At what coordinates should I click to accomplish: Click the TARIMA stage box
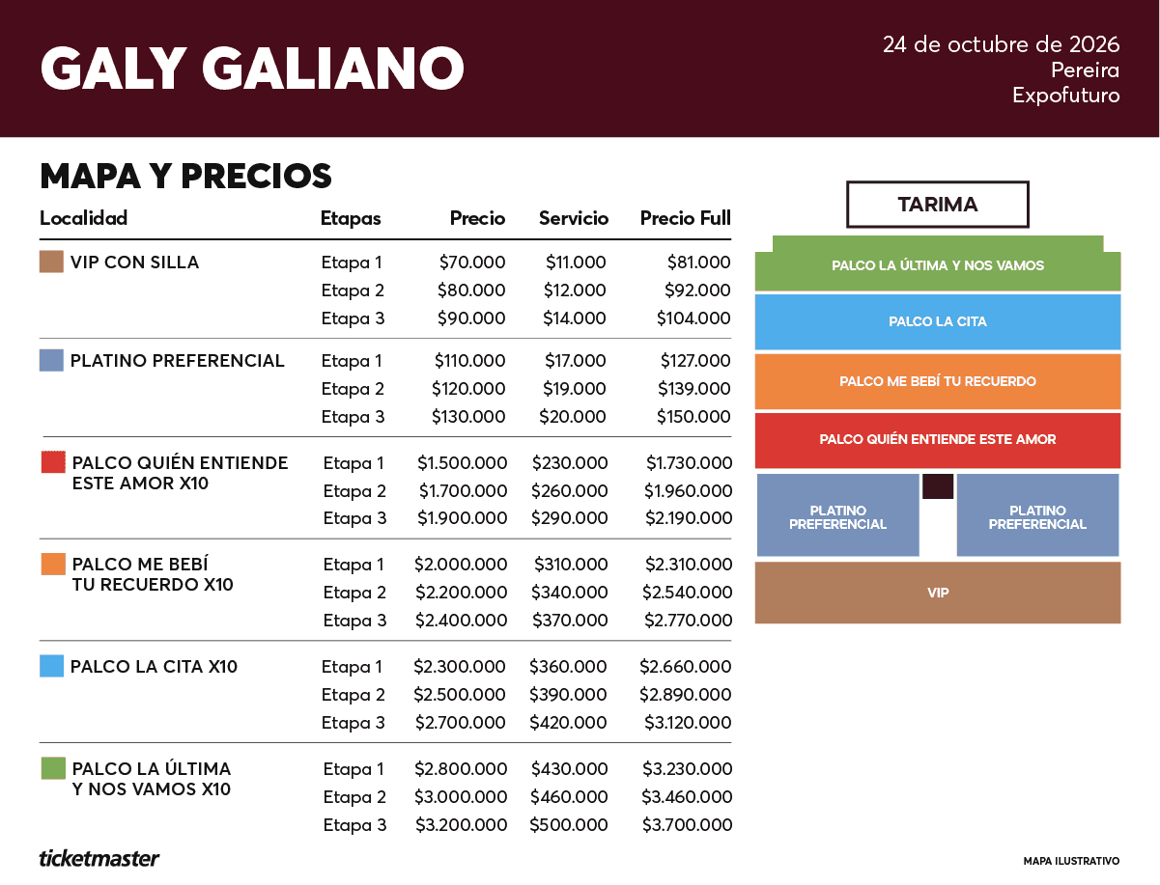coord(938,205)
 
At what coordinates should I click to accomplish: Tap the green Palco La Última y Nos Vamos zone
coord(938,264)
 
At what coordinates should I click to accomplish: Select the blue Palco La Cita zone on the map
coord(938,321)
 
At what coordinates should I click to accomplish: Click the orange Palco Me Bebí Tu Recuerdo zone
coord(938,381)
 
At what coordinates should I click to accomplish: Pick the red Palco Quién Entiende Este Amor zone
coord(938,440)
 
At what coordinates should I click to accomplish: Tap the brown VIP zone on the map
coord(938,593)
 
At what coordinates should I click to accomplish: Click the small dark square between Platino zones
coord(938,486)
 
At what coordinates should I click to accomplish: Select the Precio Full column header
coord(686,218)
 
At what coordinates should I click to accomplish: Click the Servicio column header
coord(574,218)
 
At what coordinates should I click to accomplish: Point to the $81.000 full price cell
coord(698,262)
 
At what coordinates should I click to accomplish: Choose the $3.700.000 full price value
coord(687,824)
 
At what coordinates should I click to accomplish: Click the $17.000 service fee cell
coord(575,361)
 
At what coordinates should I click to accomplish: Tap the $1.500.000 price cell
coord(462,463)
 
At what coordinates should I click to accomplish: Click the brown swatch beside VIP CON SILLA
coord(51,262)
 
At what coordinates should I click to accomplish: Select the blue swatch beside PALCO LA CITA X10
coord(51,666)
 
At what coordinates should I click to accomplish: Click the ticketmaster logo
coord(99,859)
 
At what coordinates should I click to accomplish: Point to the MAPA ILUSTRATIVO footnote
coord(1071,861)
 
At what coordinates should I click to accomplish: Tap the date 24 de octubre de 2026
coord(1001,44)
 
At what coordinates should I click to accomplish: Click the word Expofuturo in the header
coord(1066,96)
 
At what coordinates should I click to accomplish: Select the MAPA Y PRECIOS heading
coord(185,176)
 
